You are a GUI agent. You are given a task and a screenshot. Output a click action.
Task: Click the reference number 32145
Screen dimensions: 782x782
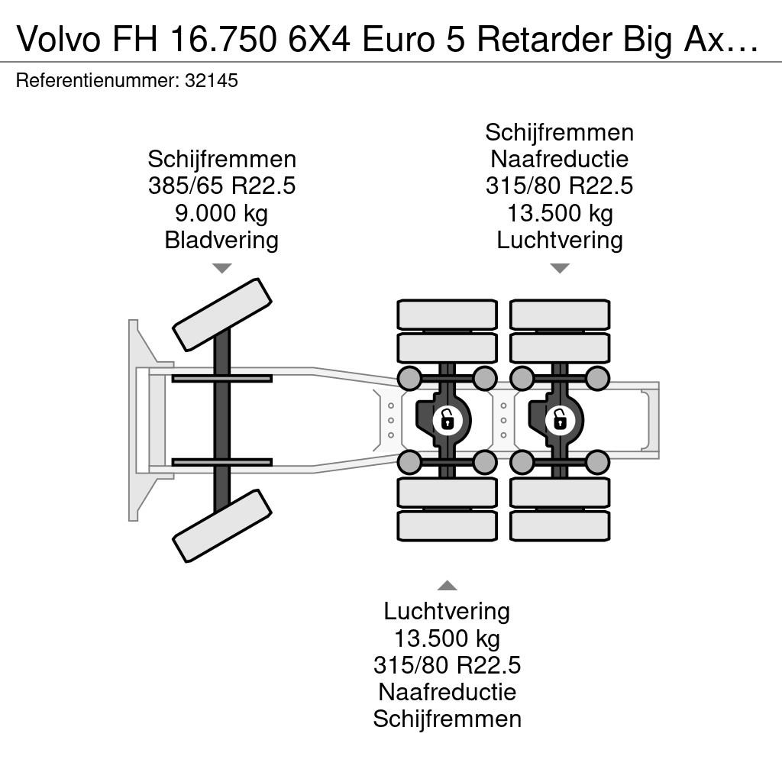pyautogui.click(x=211, y=80)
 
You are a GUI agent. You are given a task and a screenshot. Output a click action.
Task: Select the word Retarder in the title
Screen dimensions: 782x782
pyautogui.click(x=544, y=39)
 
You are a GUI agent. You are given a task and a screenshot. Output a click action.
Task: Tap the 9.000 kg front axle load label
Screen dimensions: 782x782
pyautogui.click(x=221, y=213)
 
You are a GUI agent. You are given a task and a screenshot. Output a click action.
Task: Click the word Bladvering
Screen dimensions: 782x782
pyautogui.click(x=221, y=240)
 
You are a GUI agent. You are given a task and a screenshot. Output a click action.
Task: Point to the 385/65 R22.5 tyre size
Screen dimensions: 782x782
pyautogui.click(x=221, y=186)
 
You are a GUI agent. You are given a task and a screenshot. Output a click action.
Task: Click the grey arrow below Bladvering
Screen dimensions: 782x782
pyautogui.click(x=222, y=268)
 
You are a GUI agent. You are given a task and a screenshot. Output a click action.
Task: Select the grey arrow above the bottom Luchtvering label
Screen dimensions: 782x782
pyautogui.click(x=448, y=585)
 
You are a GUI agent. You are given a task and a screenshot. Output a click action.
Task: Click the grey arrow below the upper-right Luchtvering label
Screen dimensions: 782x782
pyautogui.click(x=560, y=268)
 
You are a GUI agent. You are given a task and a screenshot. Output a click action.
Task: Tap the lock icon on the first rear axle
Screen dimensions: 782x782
pyautogui.click(x=448, y=419)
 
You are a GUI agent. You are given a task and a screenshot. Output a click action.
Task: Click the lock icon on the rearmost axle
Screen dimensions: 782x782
pyautogui.click(x=560, y=419)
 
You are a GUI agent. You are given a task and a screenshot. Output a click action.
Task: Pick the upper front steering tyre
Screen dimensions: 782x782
pyautogui.click(x=222, y=315)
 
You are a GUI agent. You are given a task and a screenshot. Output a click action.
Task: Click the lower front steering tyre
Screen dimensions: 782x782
pyautogui.click(x=222, y=525)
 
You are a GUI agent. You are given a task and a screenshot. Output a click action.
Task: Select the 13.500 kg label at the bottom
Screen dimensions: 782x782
pyautogui.click(x=448, y=638)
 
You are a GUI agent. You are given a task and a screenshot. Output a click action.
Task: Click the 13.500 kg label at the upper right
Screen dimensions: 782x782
pyautogui.click(x=560, y=213)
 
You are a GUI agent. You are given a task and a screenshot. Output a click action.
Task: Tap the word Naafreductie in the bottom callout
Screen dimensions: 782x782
pyautogui.click(x=448, y=692)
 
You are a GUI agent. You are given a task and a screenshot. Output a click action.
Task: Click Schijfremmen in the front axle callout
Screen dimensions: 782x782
pyautogui.click(x=222, y=160)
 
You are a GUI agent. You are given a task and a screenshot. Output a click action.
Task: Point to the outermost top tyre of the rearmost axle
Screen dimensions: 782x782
pyautogui.click(x=560, y=315)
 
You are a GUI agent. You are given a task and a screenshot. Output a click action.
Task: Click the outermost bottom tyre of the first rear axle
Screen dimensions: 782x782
pyautogui.click(x=448, y=525)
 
